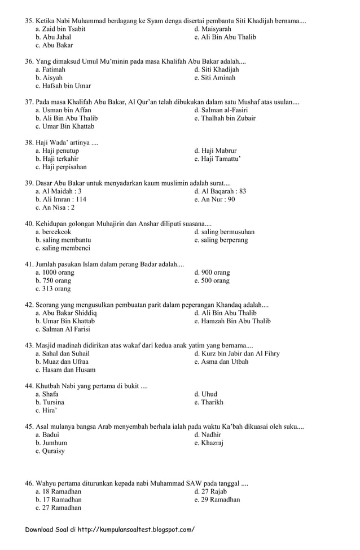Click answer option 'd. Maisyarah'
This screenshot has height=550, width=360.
(212, 29)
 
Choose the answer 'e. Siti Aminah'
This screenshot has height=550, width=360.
(216, 78)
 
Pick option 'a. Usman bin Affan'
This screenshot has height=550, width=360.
(63, 110)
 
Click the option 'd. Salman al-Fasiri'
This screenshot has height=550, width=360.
(221, 110)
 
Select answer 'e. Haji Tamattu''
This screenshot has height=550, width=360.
(217, 159)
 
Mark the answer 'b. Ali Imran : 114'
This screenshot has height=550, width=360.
(61, 199)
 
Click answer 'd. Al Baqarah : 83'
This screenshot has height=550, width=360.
(220, 191)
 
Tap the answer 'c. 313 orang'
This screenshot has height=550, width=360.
(53, 289)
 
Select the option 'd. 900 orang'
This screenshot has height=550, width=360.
(212, 272)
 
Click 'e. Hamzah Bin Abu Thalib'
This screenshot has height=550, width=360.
(232, 321)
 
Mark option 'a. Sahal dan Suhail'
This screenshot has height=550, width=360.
(62, 354)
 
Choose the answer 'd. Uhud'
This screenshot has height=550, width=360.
(205, 394)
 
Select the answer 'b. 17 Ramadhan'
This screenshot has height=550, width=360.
(58, 499)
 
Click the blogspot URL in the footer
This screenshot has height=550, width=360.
(135, 530)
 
